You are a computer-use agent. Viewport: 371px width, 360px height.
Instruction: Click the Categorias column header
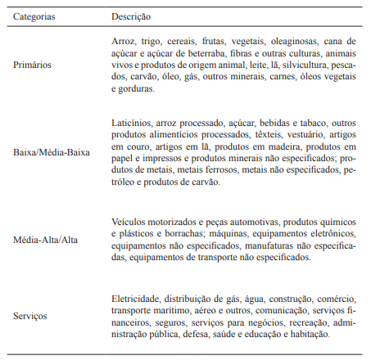(x=35, y=16)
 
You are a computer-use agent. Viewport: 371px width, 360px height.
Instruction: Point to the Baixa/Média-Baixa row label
(x=51, y=151)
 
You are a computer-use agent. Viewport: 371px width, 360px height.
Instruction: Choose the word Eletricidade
(x=136, y=296)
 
